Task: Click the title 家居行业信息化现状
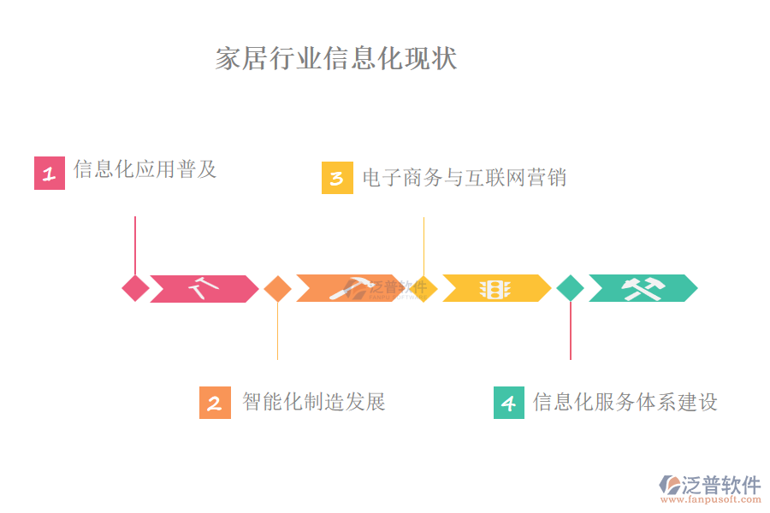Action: coord(336,58)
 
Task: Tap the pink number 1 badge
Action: coord(50,174)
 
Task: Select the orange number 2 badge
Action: coord(215,403)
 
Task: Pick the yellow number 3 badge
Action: coord(337,178)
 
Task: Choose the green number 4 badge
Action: coord(509,403)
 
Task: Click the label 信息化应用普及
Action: coord(145,169)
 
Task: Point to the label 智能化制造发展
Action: coord(314,401)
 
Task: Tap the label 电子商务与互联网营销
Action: coord(464,177)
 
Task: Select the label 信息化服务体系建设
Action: coord(625,401)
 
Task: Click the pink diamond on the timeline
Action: coord(135,288)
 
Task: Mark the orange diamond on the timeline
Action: coord(277,288)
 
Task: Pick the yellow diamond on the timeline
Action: coord(423,288)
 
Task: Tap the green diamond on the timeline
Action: coord(570,288)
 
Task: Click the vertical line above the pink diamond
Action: coord(135,244)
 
